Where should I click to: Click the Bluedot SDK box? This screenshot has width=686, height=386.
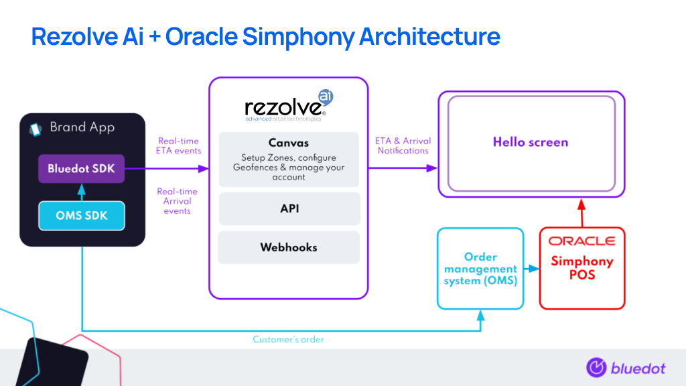coord(81,168)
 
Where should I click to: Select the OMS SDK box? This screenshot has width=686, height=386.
coord(81,215)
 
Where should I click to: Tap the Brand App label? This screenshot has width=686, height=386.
coord(82,127)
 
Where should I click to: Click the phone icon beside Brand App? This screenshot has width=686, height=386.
coord(36,129)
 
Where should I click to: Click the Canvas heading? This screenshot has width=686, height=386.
coord(289,143)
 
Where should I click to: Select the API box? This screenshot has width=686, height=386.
coord(289,209)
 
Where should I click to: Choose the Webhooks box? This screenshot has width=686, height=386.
coord(289,247)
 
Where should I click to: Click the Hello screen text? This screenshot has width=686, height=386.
coord(531,142)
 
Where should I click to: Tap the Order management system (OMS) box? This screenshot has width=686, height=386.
coord(480,268)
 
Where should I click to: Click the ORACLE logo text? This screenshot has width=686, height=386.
coord(582,241)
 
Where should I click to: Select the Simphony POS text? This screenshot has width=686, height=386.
coord(582,268)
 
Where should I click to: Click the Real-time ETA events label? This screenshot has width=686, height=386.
coord(178,145)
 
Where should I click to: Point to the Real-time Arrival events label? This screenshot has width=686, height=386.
coord(177,201)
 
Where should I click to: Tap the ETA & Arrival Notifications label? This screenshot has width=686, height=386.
coord(403,145)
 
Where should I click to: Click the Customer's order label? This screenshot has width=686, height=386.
coord(288,340)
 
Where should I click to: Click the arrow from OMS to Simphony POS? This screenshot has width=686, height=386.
coord(531,268)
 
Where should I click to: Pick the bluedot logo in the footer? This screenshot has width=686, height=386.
coord(626,368)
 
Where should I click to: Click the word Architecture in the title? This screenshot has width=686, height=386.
coord(429,36)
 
